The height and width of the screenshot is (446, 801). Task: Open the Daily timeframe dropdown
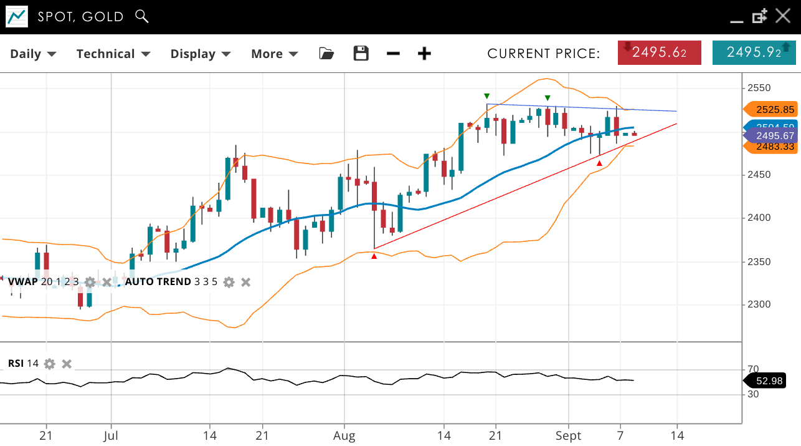point(33,54)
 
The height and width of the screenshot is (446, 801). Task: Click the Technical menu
point(113,54)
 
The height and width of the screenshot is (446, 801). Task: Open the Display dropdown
point(200,54)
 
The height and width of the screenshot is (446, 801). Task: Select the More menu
point(274,54)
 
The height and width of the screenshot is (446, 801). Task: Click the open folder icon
point(326,54)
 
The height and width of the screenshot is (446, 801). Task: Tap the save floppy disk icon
point(361,54)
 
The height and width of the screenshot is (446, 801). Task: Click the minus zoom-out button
point(393,54)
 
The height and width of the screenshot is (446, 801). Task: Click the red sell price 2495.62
point(659,52)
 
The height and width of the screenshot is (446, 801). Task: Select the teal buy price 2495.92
point(754,52)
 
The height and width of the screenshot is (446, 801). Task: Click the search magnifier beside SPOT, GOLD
point(142,16)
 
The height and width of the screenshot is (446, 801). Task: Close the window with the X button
point(783,16)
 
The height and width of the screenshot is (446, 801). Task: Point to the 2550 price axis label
point(759,88)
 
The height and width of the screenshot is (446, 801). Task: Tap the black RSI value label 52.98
point(769,381)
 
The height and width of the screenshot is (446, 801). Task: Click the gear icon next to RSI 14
point(50,364)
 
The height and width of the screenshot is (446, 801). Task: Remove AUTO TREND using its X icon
point(246,282)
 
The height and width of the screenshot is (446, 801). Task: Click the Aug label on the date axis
point(344,435)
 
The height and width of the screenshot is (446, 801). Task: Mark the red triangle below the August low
point(374,256)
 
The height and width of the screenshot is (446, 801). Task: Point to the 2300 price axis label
point(759,304)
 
